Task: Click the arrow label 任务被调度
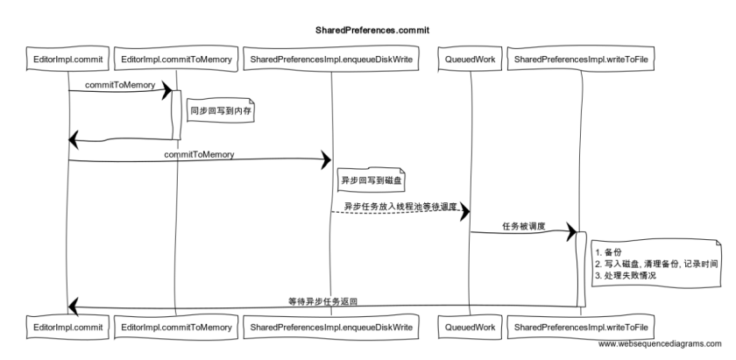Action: [523, 226]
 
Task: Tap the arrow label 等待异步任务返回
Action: [323, 300]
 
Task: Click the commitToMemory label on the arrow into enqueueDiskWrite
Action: [200, 154]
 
